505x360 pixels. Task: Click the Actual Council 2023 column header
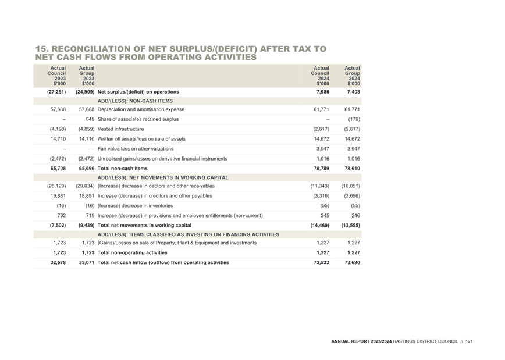56,76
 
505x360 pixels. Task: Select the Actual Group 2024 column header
352,76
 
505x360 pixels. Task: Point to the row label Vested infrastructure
121,129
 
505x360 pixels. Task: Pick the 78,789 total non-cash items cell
321,169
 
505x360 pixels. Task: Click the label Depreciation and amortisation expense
141,109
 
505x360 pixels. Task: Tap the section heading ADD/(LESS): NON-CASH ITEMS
135,101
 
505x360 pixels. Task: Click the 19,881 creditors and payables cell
58,196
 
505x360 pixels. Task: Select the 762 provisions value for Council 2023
62,215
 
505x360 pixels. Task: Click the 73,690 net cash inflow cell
353,262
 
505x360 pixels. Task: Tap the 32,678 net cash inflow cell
58,262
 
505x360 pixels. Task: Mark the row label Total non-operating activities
133,253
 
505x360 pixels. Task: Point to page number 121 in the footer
469,341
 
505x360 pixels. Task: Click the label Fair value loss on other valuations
136,149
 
